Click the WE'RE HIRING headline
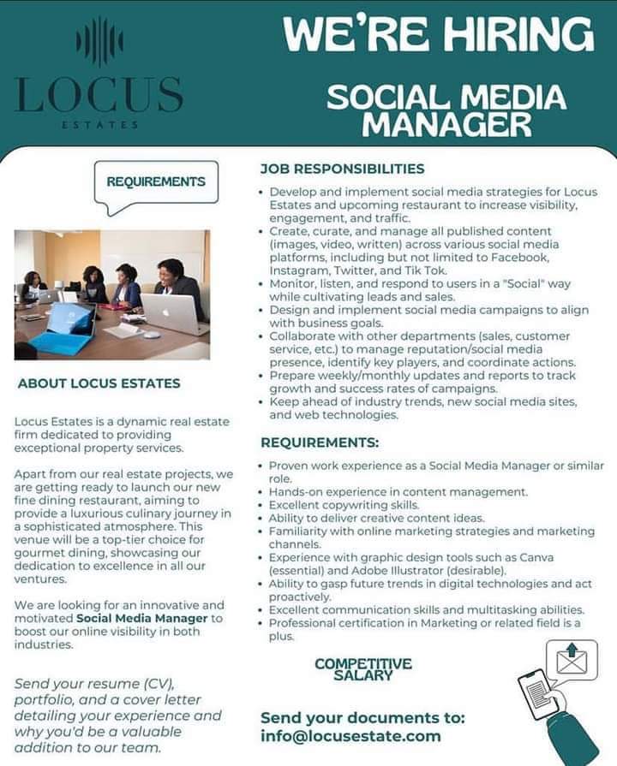click(x=438, y=35)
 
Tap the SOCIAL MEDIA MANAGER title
click(x=446, y=110)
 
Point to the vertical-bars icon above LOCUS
click(x=99, y=41)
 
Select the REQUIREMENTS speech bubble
click(x=155, y=182)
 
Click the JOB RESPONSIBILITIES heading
click(x=342, y=169)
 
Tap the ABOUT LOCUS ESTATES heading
click(x=99, y=383)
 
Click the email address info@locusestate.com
click(x=350, y=736)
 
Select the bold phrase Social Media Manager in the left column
click(x=142, y=618)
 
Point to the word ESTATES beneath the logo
click(x=99, y=126)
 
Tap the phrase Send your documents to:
click(x=362, y=717)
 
